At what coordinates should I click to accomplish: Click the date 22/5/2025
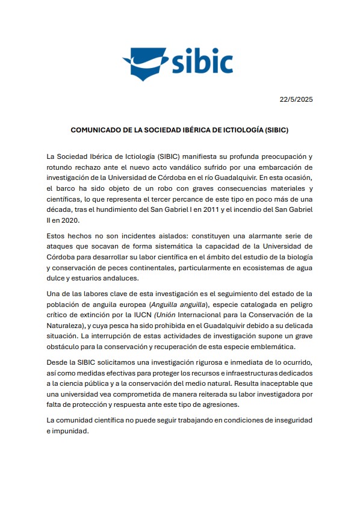point(296,99)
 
